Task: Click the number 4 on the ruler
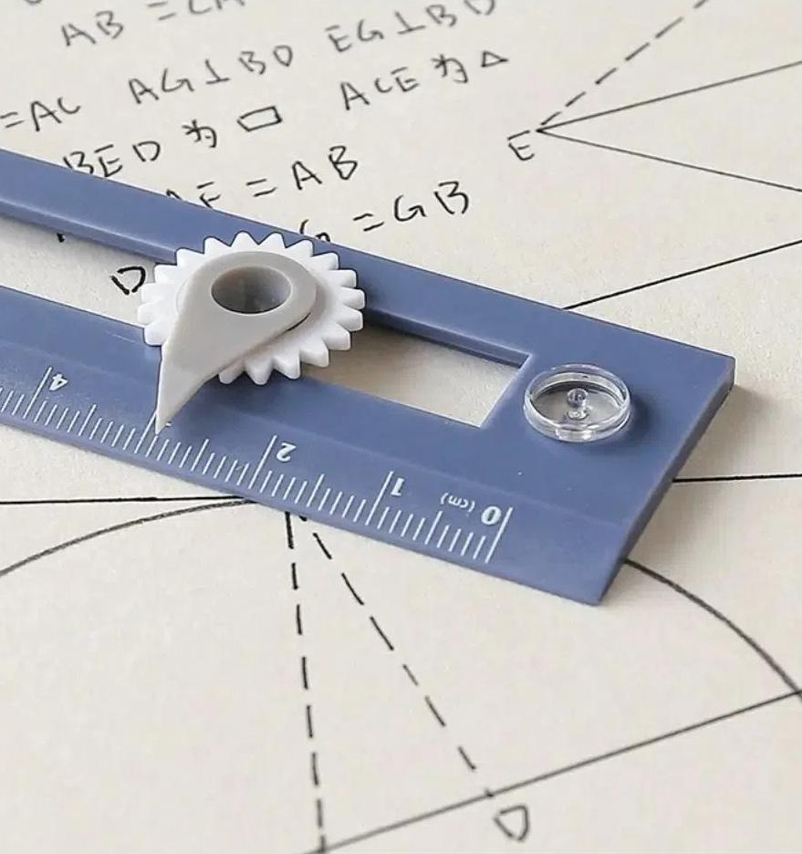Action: pyautogui.click(x=57, y=379)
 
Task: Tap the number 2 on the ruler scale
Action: pyautogui.click(x=285, y=449)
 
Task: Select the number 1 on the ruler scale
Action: pyautogui.click(x=395, y=488)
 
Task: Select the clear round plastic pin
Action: pyautogui.click(x=577, y=402)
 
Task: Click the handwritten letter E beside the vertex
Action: pyautogui.click(x=520, y=147)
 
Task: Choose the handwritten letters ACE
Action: pyautogui.click(x=380, y=88)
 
